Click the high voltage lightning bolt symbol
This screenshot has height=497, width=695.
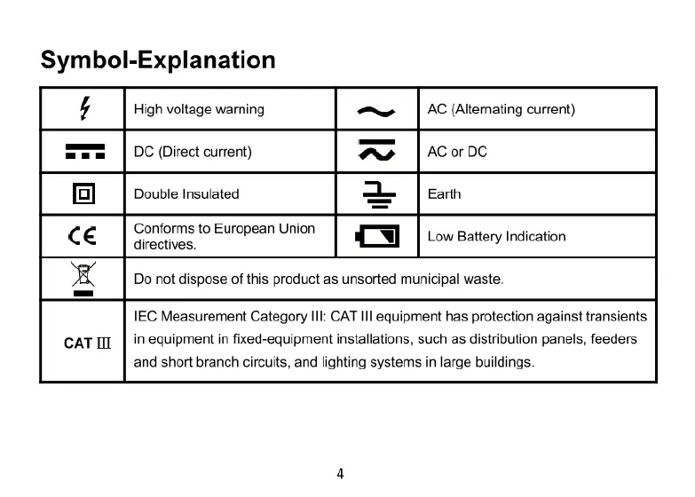[x=84, y=109]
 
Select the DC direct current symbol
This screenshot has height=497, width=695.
[x=84, y=152]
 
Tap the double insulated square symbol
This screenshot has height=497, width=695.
[x=84, y=193]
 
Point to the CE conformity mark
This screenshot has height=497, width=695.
[x=83, y=236]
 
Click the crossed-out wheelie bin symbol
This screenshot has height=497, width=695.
[x=83, y=278]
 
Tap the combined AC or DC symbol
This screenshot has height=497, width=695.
[x=375, y=152]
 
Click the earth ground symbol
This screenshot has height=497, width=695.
[x=376, y=193]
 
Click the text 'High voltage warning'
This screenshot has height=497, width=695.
[x=199, y=109]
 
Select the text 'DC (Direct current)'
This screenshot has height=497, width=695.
[x=193, y=152]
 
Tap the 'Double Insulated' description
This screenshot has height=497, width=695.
[x=186, y=193]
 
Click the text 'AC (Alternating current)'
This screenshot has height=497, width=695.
[x=502, y=109]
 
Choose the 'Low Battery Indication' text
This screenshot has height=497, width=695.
[x=496, y=236]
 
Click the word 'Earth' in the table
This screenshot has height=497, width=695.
[x=444, y=193]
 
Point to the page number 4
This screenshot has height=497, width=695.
[x=340, y=472]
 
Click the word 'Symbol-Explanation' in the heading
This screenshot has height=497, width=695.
[x=158, y=60]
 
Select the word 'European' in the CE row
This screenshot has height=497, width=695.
[x=243, y=228]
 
